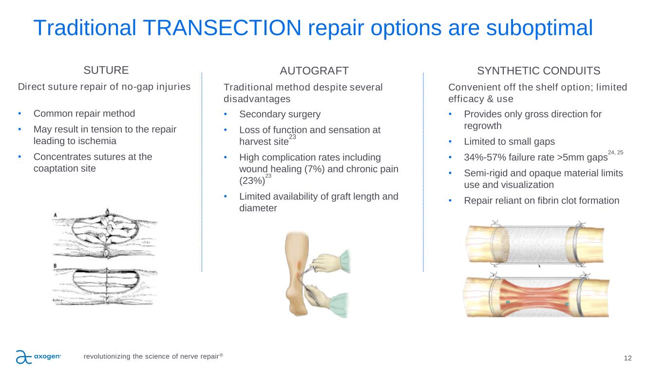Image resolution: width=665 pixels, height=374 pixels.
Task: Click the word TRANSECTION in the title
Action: point(222,28)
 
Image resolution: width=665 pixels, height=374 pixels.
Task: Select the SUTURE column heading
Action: point(106,70)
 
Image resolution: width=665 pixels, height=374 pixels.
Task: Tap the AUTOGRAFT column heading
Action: point(314,71)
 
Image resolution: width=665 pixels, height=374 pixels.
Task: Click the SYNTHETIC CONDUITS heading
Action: point(538,71)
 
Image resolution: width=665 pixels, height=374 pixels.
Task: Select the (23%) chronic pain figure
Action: point(252,181)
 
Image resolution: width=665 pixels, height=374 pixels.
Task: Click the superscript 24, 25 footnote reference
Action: point(615,152)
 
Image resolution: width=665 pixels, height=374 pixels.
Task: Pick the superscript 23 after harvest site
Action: point(292,137)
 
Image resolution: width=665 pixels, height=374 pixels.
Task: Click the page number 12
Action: point(627,358)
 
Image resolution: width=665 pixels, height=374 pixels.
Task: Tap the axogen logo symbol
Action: point(23,356)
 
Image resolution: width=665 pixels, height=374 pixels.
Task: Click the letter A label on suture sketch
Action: point(55,215)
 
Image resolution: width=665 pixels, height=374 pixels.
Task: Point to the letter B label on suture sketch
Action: point(55,266)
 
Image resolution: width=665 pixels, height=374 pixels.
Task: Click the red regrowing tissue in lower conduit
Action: point(537,298)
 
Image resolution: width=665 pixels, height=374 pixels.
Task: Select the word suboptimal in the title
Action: point(539,28)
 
